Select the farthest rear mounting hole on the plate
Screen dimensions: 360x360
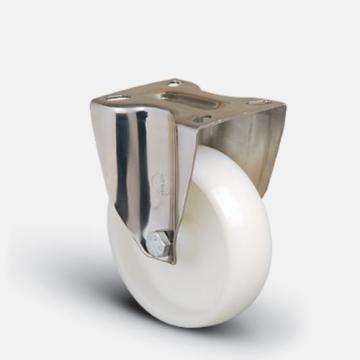click(174, 83)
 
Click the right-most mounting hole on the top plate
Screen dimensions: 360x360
click(257, 102)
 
